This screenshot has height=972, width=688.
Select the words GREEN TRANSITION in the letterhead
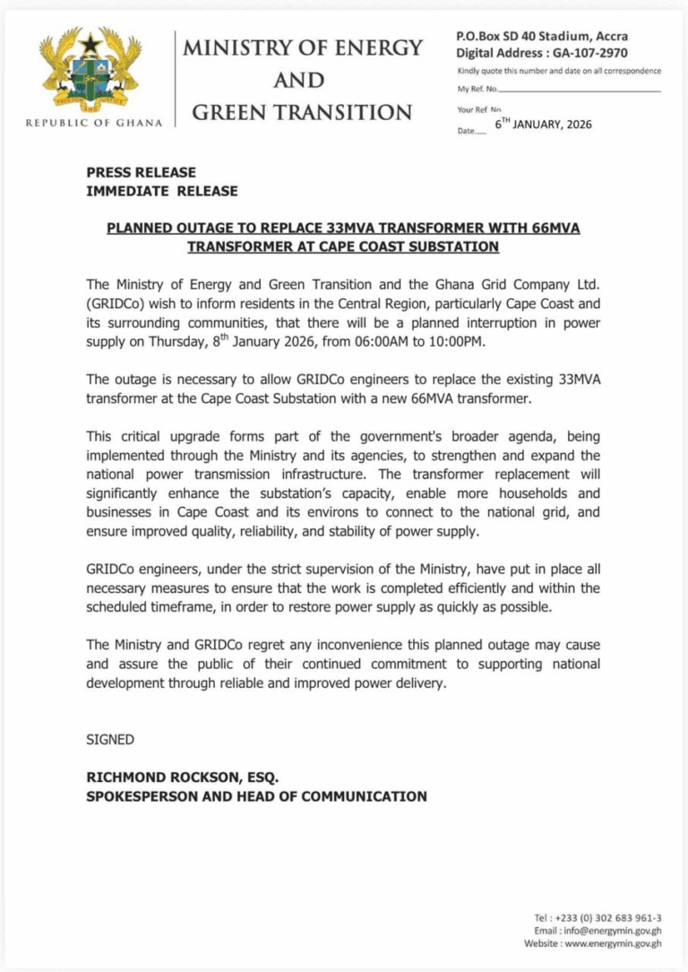(303, 112)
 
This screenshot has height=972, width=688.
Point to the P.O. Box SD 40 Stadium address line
(542, 37)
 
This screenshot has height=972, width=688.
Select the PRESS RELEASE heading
(141, 172)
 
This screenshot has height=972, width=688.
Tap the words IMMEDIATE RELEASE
(161, 190)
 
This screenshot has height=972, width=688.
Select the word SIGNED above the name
(110, 739)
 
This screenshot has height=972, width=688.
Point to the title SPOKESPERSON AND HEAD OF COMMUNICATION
(256, 796)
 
